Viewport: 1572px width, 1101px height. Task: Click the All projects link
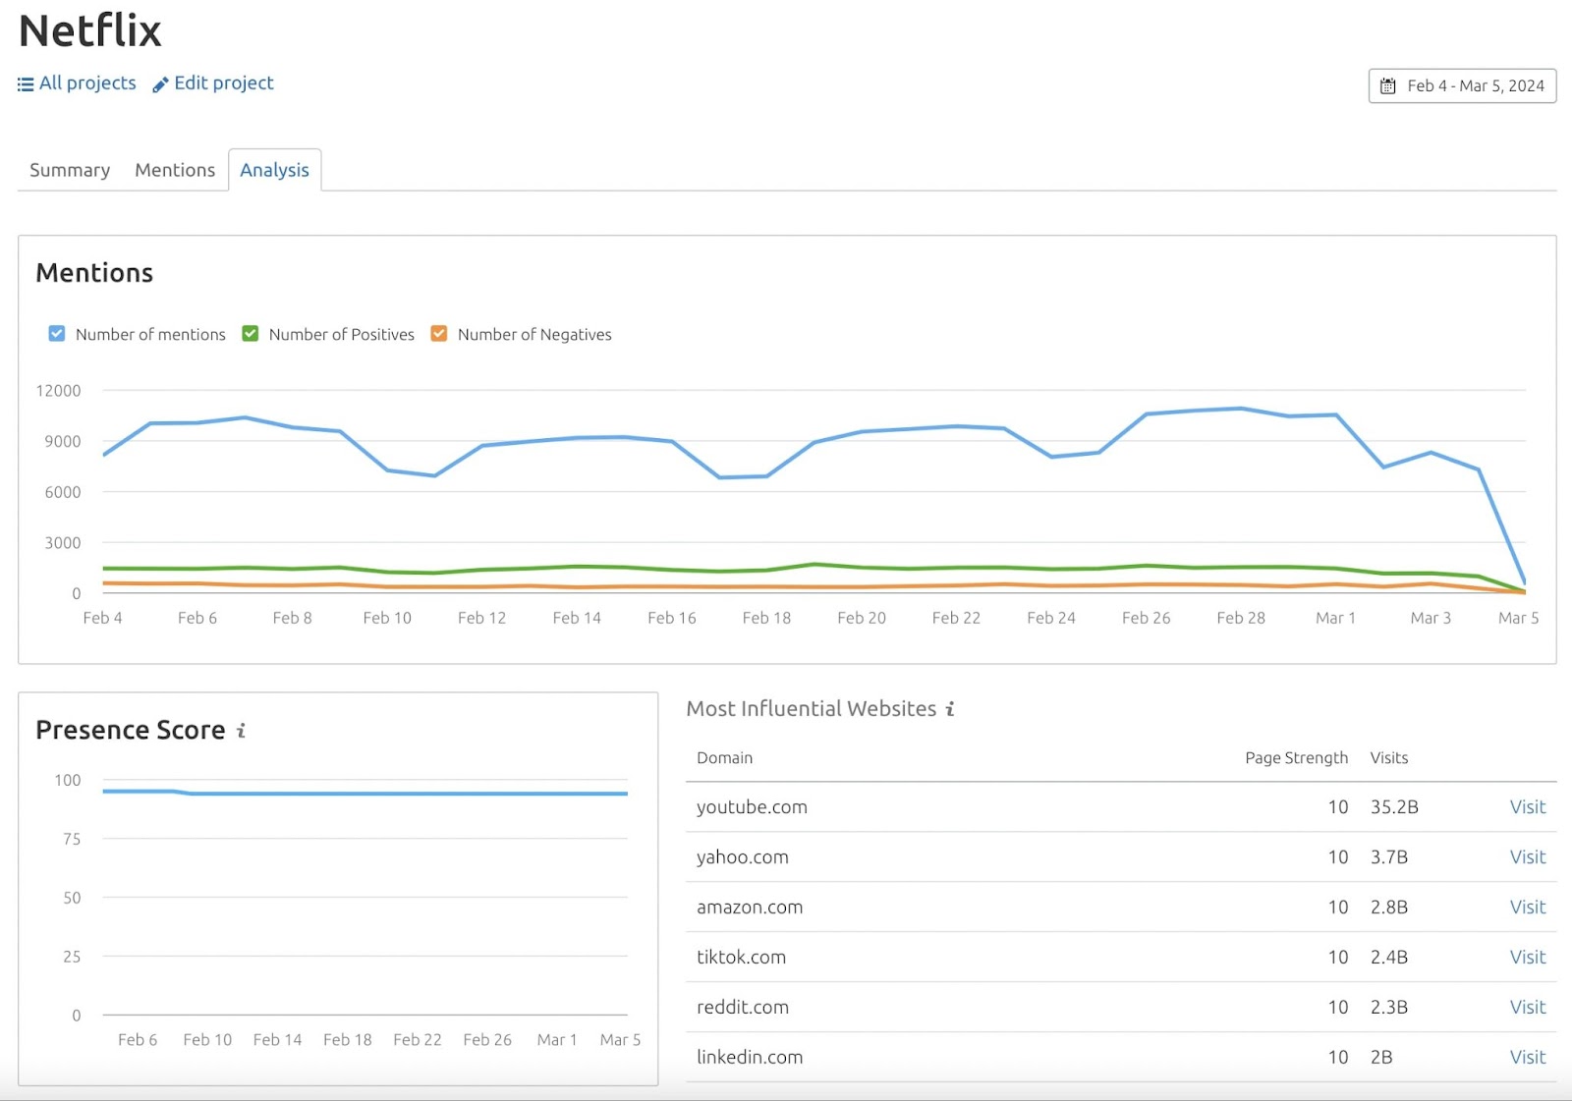pyautogui.click(x=78, y=83)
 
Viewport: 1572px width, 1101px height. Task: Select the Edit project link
pyautogui.click(x=213, y=83)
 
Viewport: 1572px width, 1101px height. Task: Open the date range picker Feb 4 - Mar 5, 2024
pyautogui.click(x=1462, y=85)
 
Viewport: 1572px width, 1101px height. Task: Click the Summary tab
pyautogui.click(x=70, y=170)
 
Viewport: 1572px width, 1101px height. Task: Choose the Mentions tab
pyautogui.click(x=175, y=170)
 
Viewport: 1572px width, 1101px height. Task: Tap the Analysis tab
pyautogui.click(x=274, y=170)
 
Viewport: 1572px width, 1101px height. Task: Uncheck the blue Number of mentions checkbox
pyautogui.click(x=57, y=334)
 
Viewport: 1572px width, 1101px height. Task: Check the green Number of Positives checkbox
pyautogui.click(x=251, y=334)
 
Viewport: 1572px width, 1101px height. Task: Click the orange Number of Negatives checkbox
pyautogui.click(x=439, y=334)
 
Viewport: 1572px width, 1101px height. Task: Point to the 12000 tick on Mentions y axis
pyautogui.click(x=59, y=391)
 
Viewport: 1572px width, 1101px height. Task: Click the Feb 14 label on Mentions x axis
pyautogui.click(x=577, y=618)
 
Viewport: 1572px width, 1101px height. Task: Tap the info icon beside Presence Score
pyautogui.click(x=241, y=731)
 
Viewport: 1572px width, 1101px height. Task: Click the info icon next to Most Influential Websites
pyautogui.click(x=950, y=709)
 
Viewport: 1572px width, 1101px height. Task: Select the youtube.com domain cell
pyautogui.click(x=752, y=807)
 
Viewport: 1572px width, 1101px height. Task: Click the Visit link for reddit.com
pyautogui.click(x=1528, y=1007)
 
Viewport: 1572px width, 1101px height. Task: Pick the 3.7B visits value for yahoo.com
pyautogui.click(x=1389, y=857)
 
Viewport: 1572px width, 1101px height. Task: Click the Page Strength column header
pyautogui.click(x=1296, y=758)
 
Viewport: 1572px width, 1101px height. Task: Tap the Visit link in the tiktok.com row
pyautogui.click(x=1528, y=957)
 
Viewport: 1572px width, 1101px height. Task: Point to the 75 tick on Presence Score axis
pyautogui.click(x=72, y=839)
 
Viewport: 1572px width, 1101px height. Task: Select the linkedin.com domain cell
pyautogui.click(x=750, y=1057)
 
